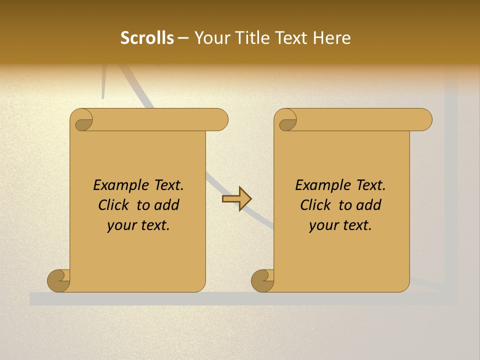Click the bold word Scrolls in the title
pyautogui.click(x=147, y=38)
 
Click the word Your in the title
pyautogui.click(x=210, y=38)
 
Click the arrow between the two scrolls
pyautogui.click(x=236, y=199)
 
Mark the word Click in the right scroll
pyautogui.click(x=315, y=205)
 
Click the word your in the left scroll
pyautogui.click(x=120, y=225)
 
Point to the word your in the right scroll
pyautogui.click(x=322, y=225)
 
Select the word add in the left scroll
pyautogui.click(x=167, y=205)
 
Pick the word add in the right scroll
pyautogui.click(x=369, y=205)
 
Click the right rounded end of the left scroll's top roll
pyautogui.click(x=220, y=119)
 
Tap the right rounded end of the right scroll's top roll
pyautogui.click(x=424, y=119)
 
